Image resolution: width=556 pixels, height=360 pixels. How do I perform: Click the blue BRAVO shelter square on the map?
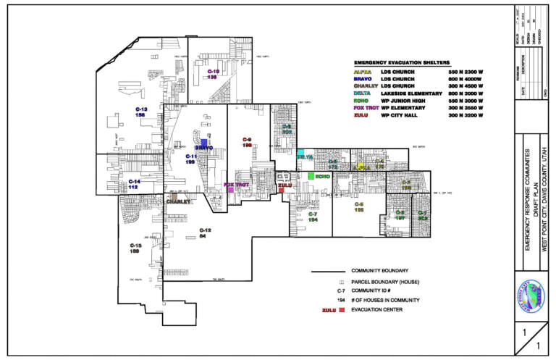[x=204, y=143]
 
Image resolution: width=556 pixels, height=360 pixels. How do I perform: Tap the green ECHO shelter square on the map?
[x=311, y=176]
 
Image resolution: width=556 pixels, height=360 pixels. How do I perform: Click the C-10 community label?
[x=213, y=74]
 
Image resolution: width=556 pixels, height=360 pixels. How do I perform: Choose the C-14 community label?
[x=134, y=184]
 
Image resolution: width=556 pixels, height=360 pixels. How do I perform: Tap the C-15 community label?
[x=135, y=248]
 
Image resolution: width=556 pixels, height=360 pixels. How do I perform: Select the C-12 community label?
[x=205, y=233]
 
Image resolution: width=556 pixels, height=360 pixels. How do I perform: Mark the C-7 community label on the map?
[x=312, y=217]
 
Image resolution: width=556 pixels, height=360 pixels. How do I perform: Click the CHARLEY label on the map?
[x=178, y=202]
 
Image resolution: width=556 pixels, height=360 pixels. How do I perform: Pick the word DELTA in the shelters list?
[x=362, y=93]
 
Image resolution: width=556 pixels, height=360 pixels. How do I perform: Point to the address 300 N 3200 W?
[x=466, y=115]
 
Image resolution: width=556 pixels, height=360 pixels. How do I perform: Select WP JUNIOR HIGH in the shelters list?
[x=403, y=101]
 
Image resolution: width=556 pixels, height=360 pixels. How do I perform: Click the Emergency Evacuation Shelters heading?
[x=402, y=63]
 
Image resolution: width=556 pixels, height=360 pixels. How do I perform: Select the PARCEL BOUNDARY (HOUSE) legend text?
[x=385, y=281]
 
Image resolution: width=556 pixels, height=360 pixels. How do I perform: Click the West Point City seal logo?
[x=530, y=296]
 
